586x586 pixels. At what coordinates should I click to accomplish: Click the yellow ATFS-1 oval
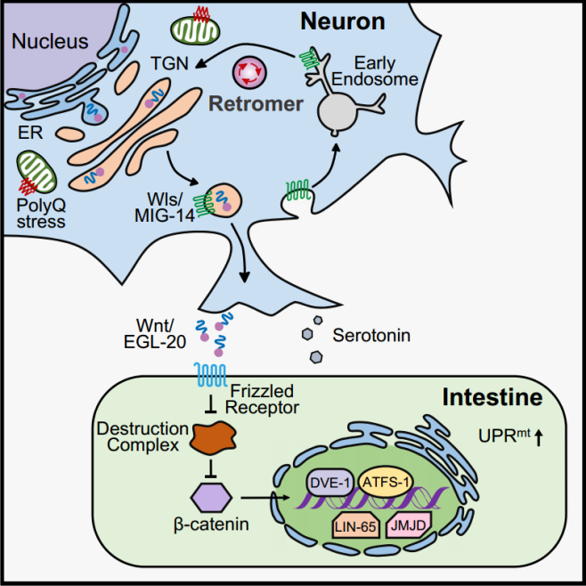pyautogui.click(x=387, y=482)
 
